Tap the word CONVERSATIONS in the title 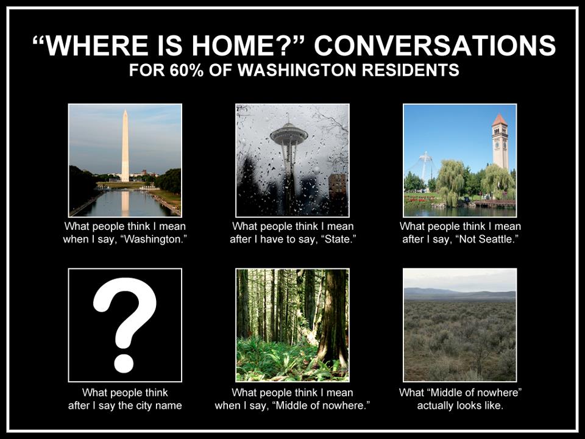[434, 45]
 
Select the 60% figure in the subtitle [186, 70]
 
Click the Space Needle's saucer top [289, 134]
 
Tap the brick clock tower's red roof [500, 120]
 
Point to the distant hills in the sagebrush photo [459, 294]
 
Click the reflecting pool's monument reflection [125, 202]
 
